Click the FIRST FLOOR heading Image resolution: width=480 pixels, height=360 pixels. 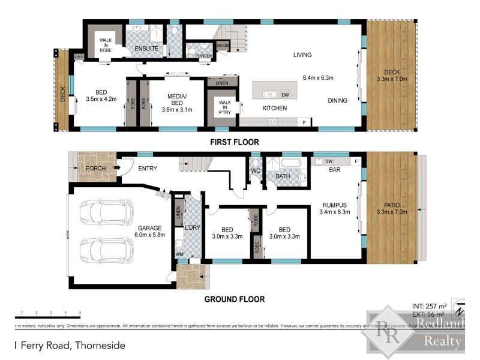point(234,142)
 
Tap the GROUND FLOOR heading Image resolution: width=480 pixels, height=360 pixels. point(234,299)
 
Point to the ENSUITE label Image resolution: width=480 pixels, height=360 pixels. point(146,47)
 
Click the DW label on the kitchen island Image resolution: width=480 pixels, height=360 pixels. point(286,95)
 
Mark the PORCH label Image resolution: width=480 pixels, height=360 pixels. point(95,169)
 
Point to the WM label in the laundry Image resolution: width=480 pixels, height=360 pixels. point(178,255)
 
